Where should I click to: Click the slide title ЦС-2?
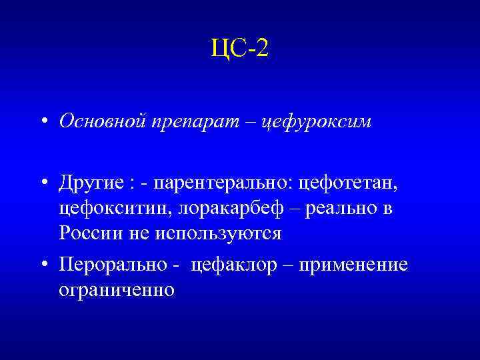click(x=239, y=49)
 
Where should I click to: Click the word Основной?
click(x=99, y=121)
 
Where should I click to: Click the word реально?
click(x=340, y=208)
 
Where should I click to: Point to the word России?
click(x=87, y=234)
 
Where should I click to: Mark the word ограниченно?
click(x=117, y=291)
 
